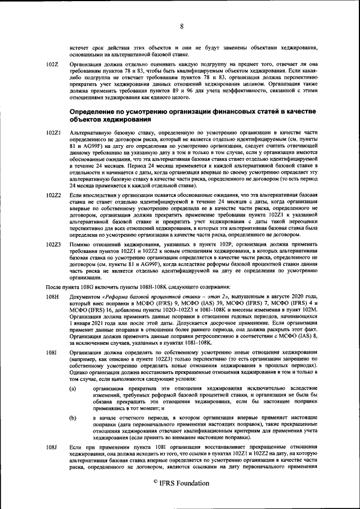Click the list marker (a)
tap(73, 389)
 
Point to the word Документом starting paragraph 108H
tap(85, 296)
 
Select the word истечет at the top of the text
tap(79, 47)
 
